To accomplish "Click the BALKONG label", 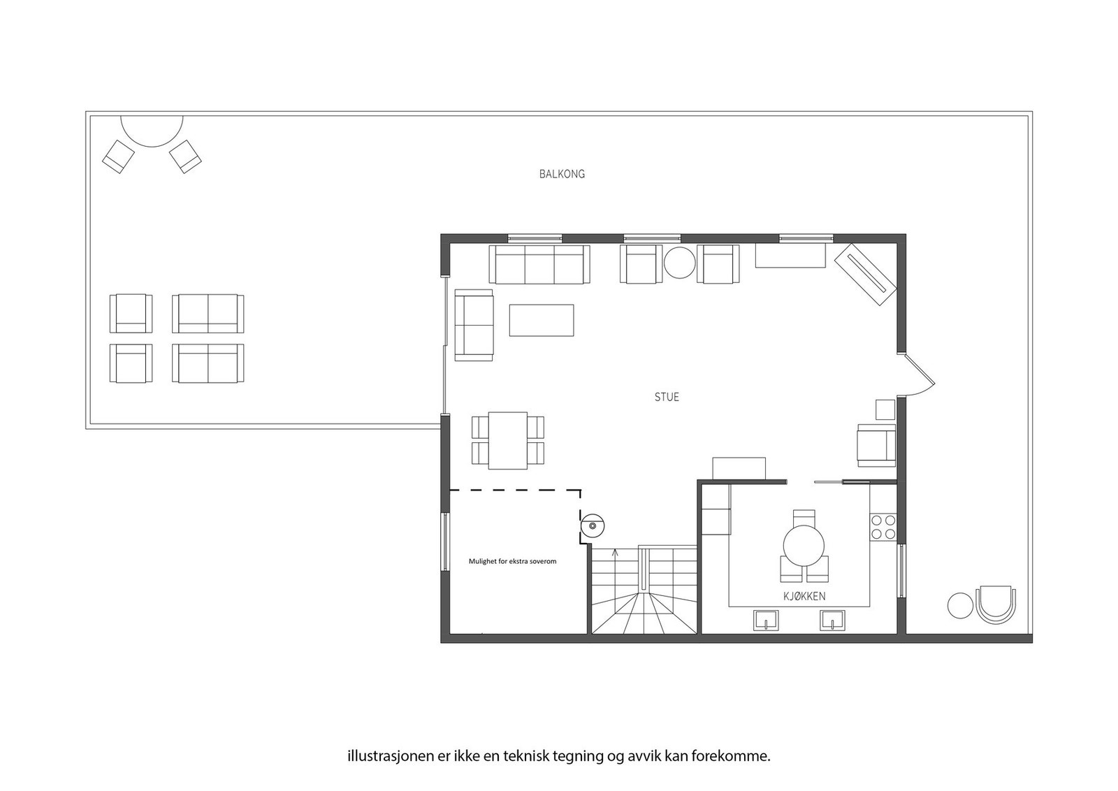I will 562,174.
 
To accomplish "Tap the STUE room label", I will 666,397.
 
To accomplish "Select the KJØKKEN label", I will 804,596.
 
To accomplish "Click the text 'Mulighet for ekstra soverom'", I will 512,561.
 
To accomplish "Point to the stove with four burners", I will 883,527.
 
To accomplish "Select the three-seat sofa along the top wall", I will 539,264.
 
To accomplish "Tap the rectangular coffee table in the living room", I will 542,320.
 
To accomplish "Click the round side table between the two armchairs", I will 678,263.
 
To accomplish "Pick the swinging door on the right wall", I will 920,374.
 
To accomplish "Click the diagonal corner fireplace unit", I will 865,274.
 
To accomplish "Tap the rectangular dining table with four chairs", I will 508,440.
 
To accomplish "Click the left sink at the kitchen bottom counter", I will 767,620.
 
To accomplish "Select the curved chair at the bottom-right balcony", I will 996,605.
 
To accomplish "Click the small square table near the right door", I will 885,409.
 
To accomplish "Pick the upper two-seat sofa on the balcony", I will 208,313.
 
